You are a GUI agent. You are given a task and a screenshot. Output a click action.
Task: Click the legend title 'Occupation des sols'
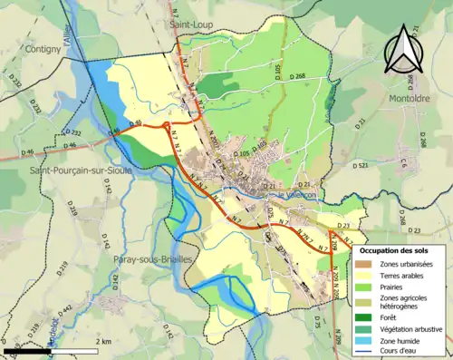point(400,248)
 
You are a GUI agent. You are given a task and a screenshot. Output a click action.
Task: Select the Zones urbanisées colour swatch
point(365,263)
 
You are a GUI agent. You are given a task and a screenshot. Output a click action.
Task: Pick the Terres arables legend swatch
point(365,275)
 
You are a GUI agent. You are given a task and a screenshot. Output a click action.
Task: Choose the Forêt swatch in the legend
point(365,316)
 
